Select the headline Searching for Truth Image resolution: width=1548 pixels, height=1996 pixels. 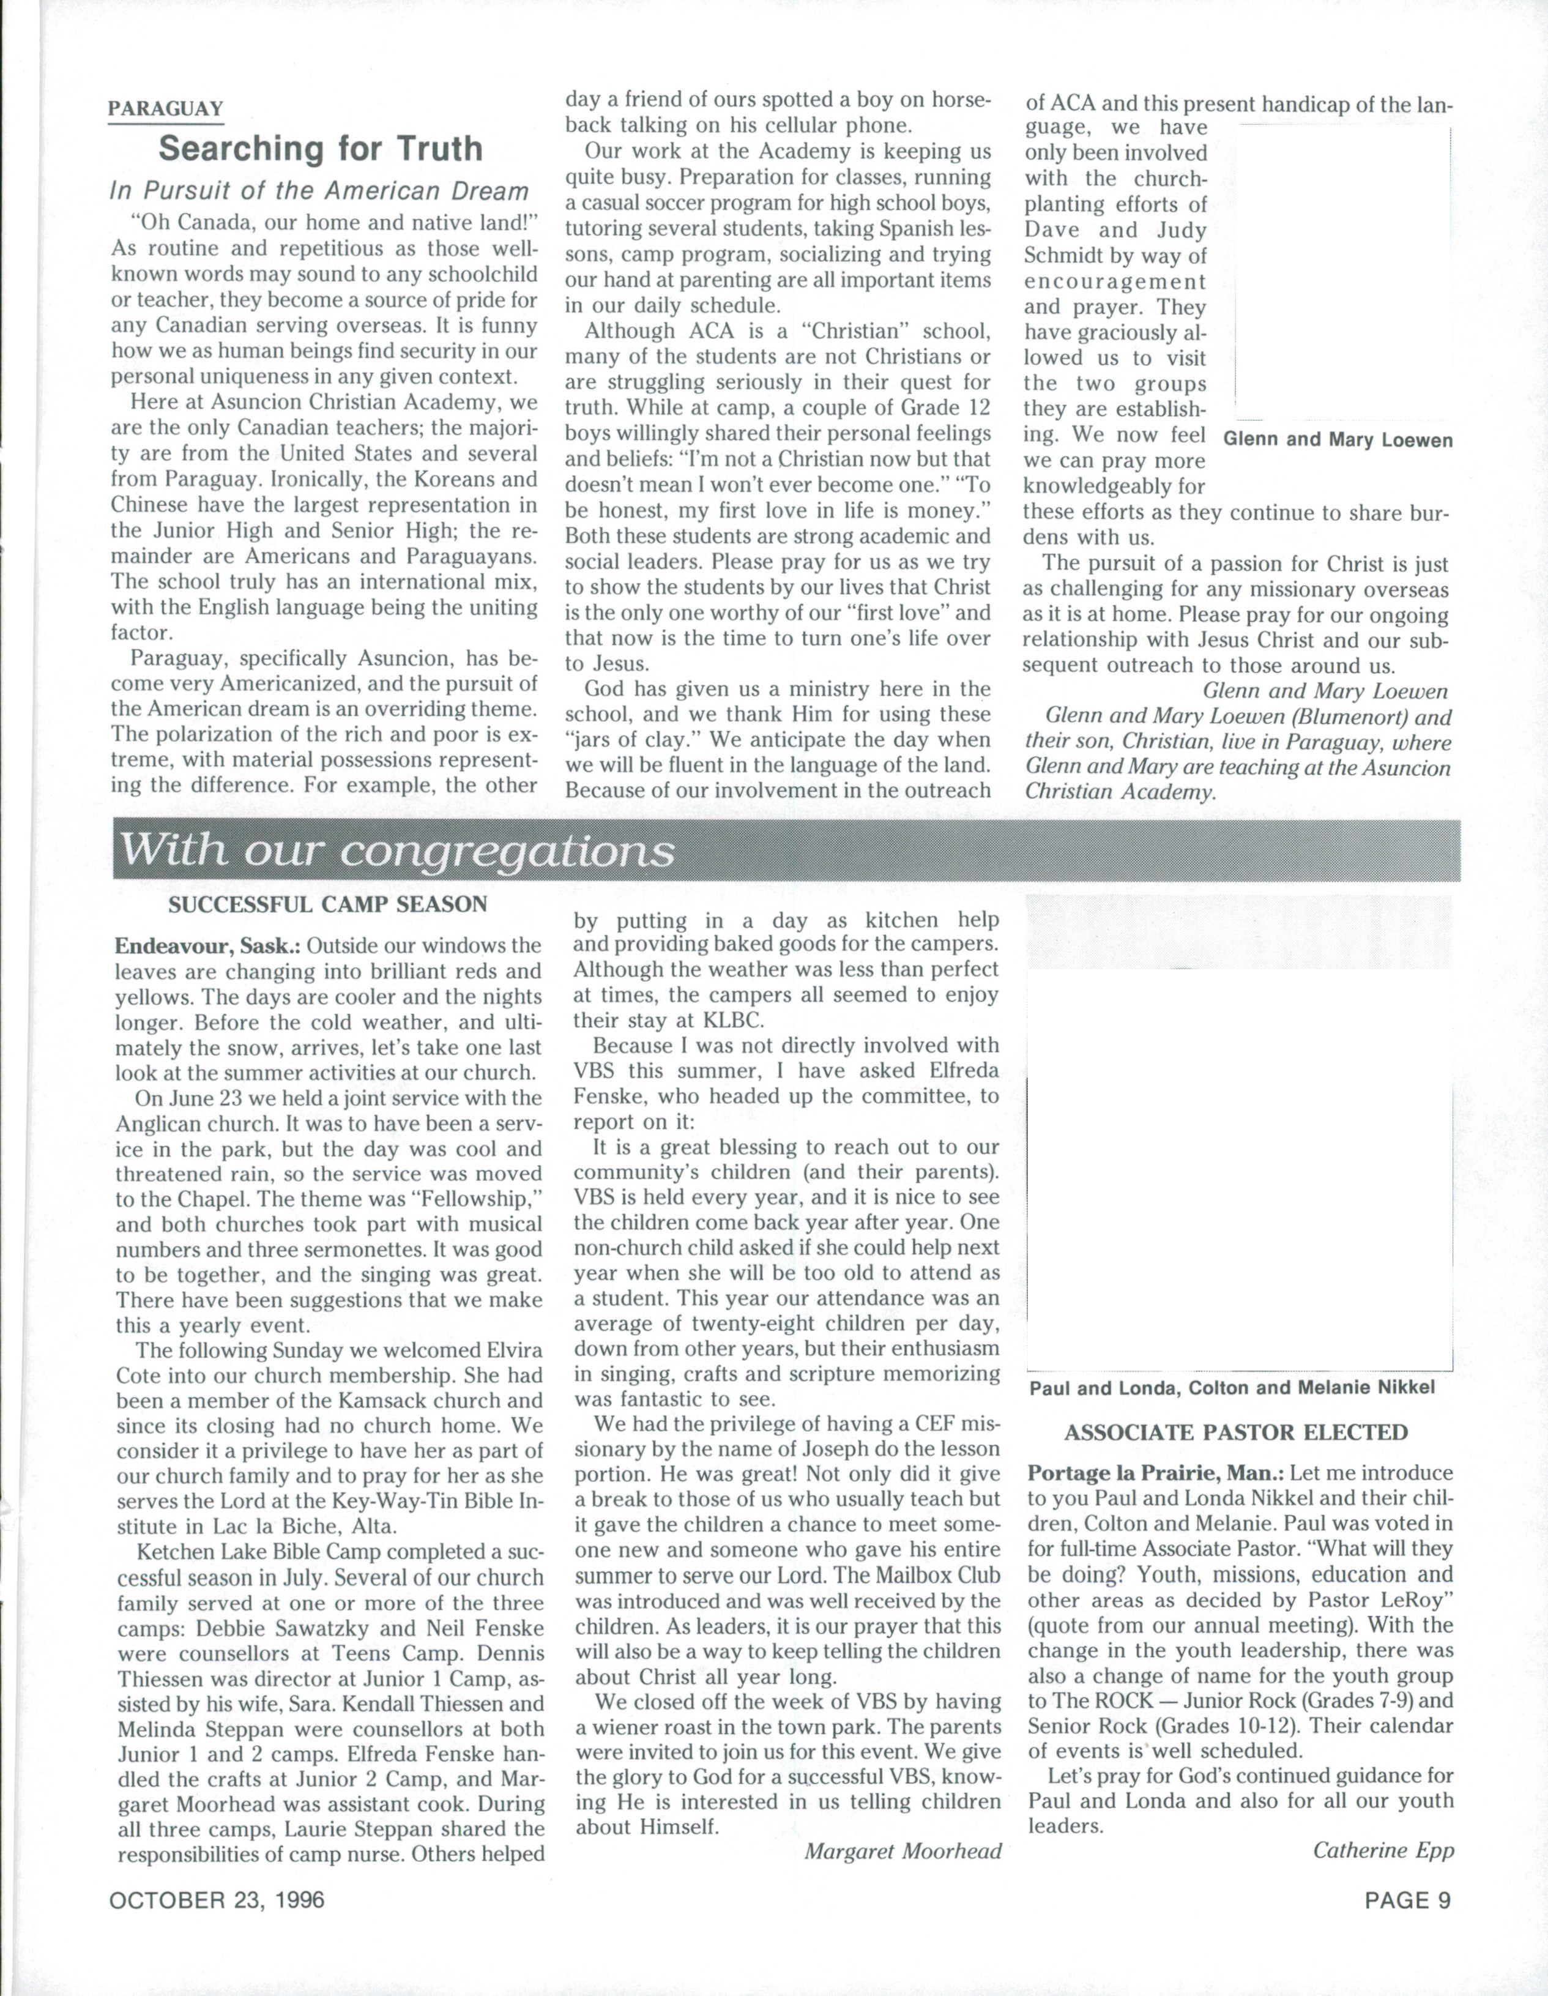pyautogui.click(x=320, y=149)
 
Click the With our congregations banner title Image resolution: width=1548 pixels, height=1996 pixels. pyautogui.click(x=398, y=852)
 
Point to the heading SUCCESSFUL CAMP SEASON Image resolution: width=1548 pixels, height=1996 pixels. pyautogui.click(x=328, y=905)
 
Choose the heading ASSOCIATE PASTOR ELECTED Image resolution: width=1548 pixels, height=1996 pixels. pyautogui.click(x=1235, y=1432)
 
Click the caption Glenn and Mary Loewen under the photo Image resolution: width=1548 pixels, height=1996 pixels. pyautogui.click(x=1337, y=441)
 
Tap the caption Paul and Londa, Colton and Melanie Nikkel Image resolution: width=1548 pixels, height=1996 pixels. pyautogui.click(x=1232, y=1387)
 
